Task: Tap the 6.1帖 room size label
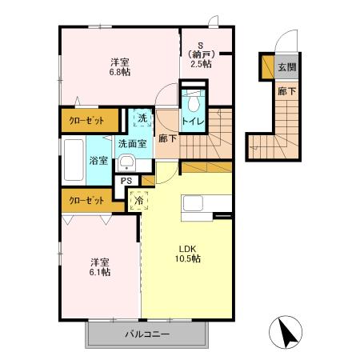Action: pos(100,272)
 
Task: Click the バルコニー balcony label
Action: pos(146,334)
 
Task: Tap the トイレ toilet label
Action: pos(192,122)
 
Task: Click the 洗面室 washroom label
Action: pos(131,144)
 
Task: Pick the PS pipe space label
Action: pos(126,181)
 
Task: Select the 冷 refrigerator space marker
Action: pos(138,200)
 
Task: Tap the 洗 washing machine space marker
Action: pos(141,119)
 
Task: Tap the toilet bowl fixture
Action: pos(192,102)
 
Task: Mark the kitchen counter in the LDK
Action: pos(197,206)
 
